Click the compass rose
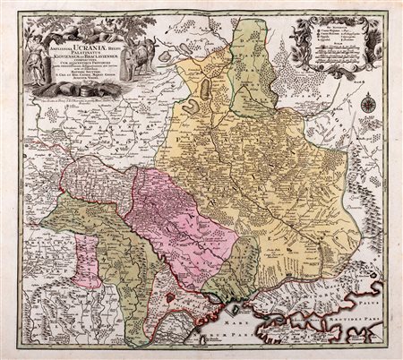coord(366,104)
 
